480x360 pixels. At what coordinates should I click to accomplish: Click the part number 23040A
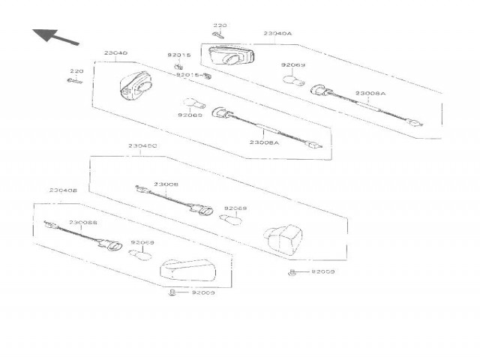coord(277,34)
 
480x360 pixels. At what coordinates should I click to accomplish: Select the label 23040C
coord(142,145)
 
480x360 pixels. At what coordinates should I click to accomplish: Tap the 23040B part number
coord(64,190)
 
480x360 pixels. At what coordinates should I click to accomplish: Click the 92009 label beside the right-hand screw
coord(322,271)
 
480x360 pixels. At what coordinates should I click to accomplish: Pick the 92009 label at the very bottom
coord(202,292)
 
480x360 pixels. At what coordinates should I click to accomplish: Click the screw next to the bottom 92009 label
coord(174,292)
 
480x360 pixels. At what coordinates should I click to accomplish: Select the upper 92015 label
coord(178,55)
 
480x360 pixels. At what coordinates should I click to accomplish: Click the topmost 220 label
coord(219,25)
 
